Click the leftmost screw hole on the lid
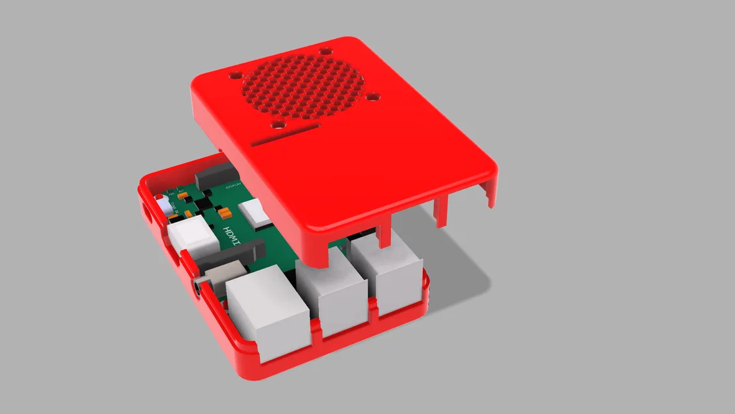point(235,75)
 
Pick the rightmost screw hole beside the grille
point(373,97)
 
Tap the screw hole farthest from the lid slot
point(325,50)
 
